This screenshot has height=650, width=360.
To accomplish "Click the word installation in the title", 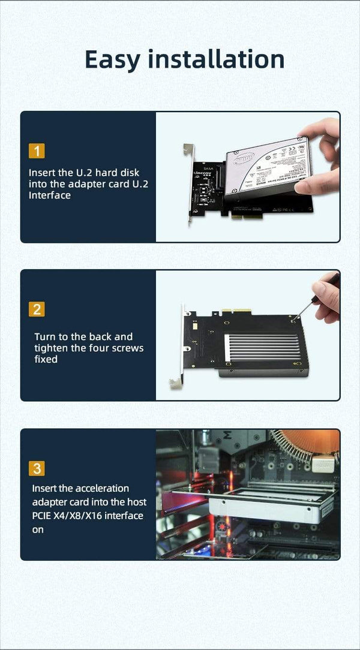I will click(x=216, y=59).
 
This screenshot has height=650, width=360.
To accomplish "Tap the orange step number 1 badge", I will click(x=37, y=151).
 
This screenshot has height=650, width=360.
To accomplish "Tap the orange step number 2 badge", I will click(x=37, y=309).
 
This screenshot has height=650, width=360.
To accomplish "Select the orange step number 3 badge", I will click(x=37, y=468).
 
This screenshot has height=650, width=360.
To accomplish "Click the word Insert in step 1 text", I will click(x=42, y=173).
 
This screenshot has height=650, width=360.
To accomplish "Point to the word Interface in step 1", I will click(x=50, y=195).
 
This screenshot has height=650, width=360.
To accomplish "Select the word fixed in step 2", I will click(x=46, y=360).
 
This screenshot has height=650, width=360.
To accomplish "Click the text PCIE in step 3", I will click(x=44, y=516).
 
